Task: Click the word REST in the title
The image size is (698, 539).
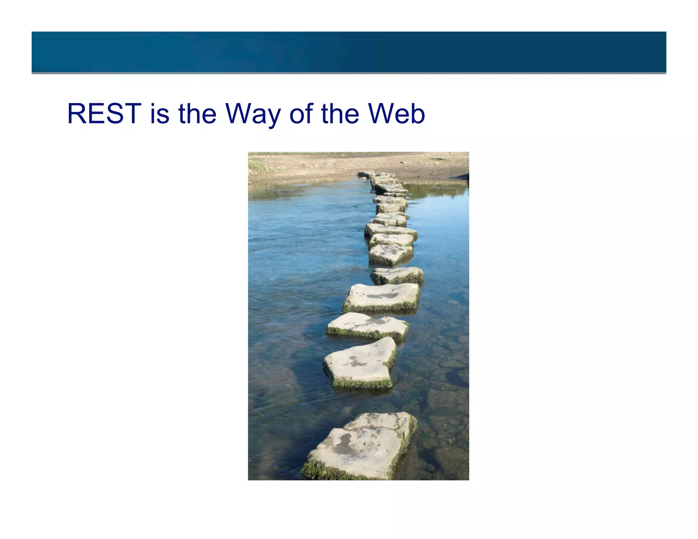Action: click(104, 113)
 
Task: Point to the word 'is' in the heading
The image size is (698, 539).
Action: click(160, 113)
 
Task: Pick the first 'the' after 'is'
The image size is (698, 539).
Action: click(197, 113)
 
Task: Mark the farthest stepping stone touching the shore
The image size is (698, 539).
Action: click(366, 174)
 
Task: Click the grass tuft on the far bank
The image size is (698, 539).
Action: click(256, 166)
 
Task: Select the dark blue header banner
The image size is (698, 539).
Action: click(349, 52)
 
